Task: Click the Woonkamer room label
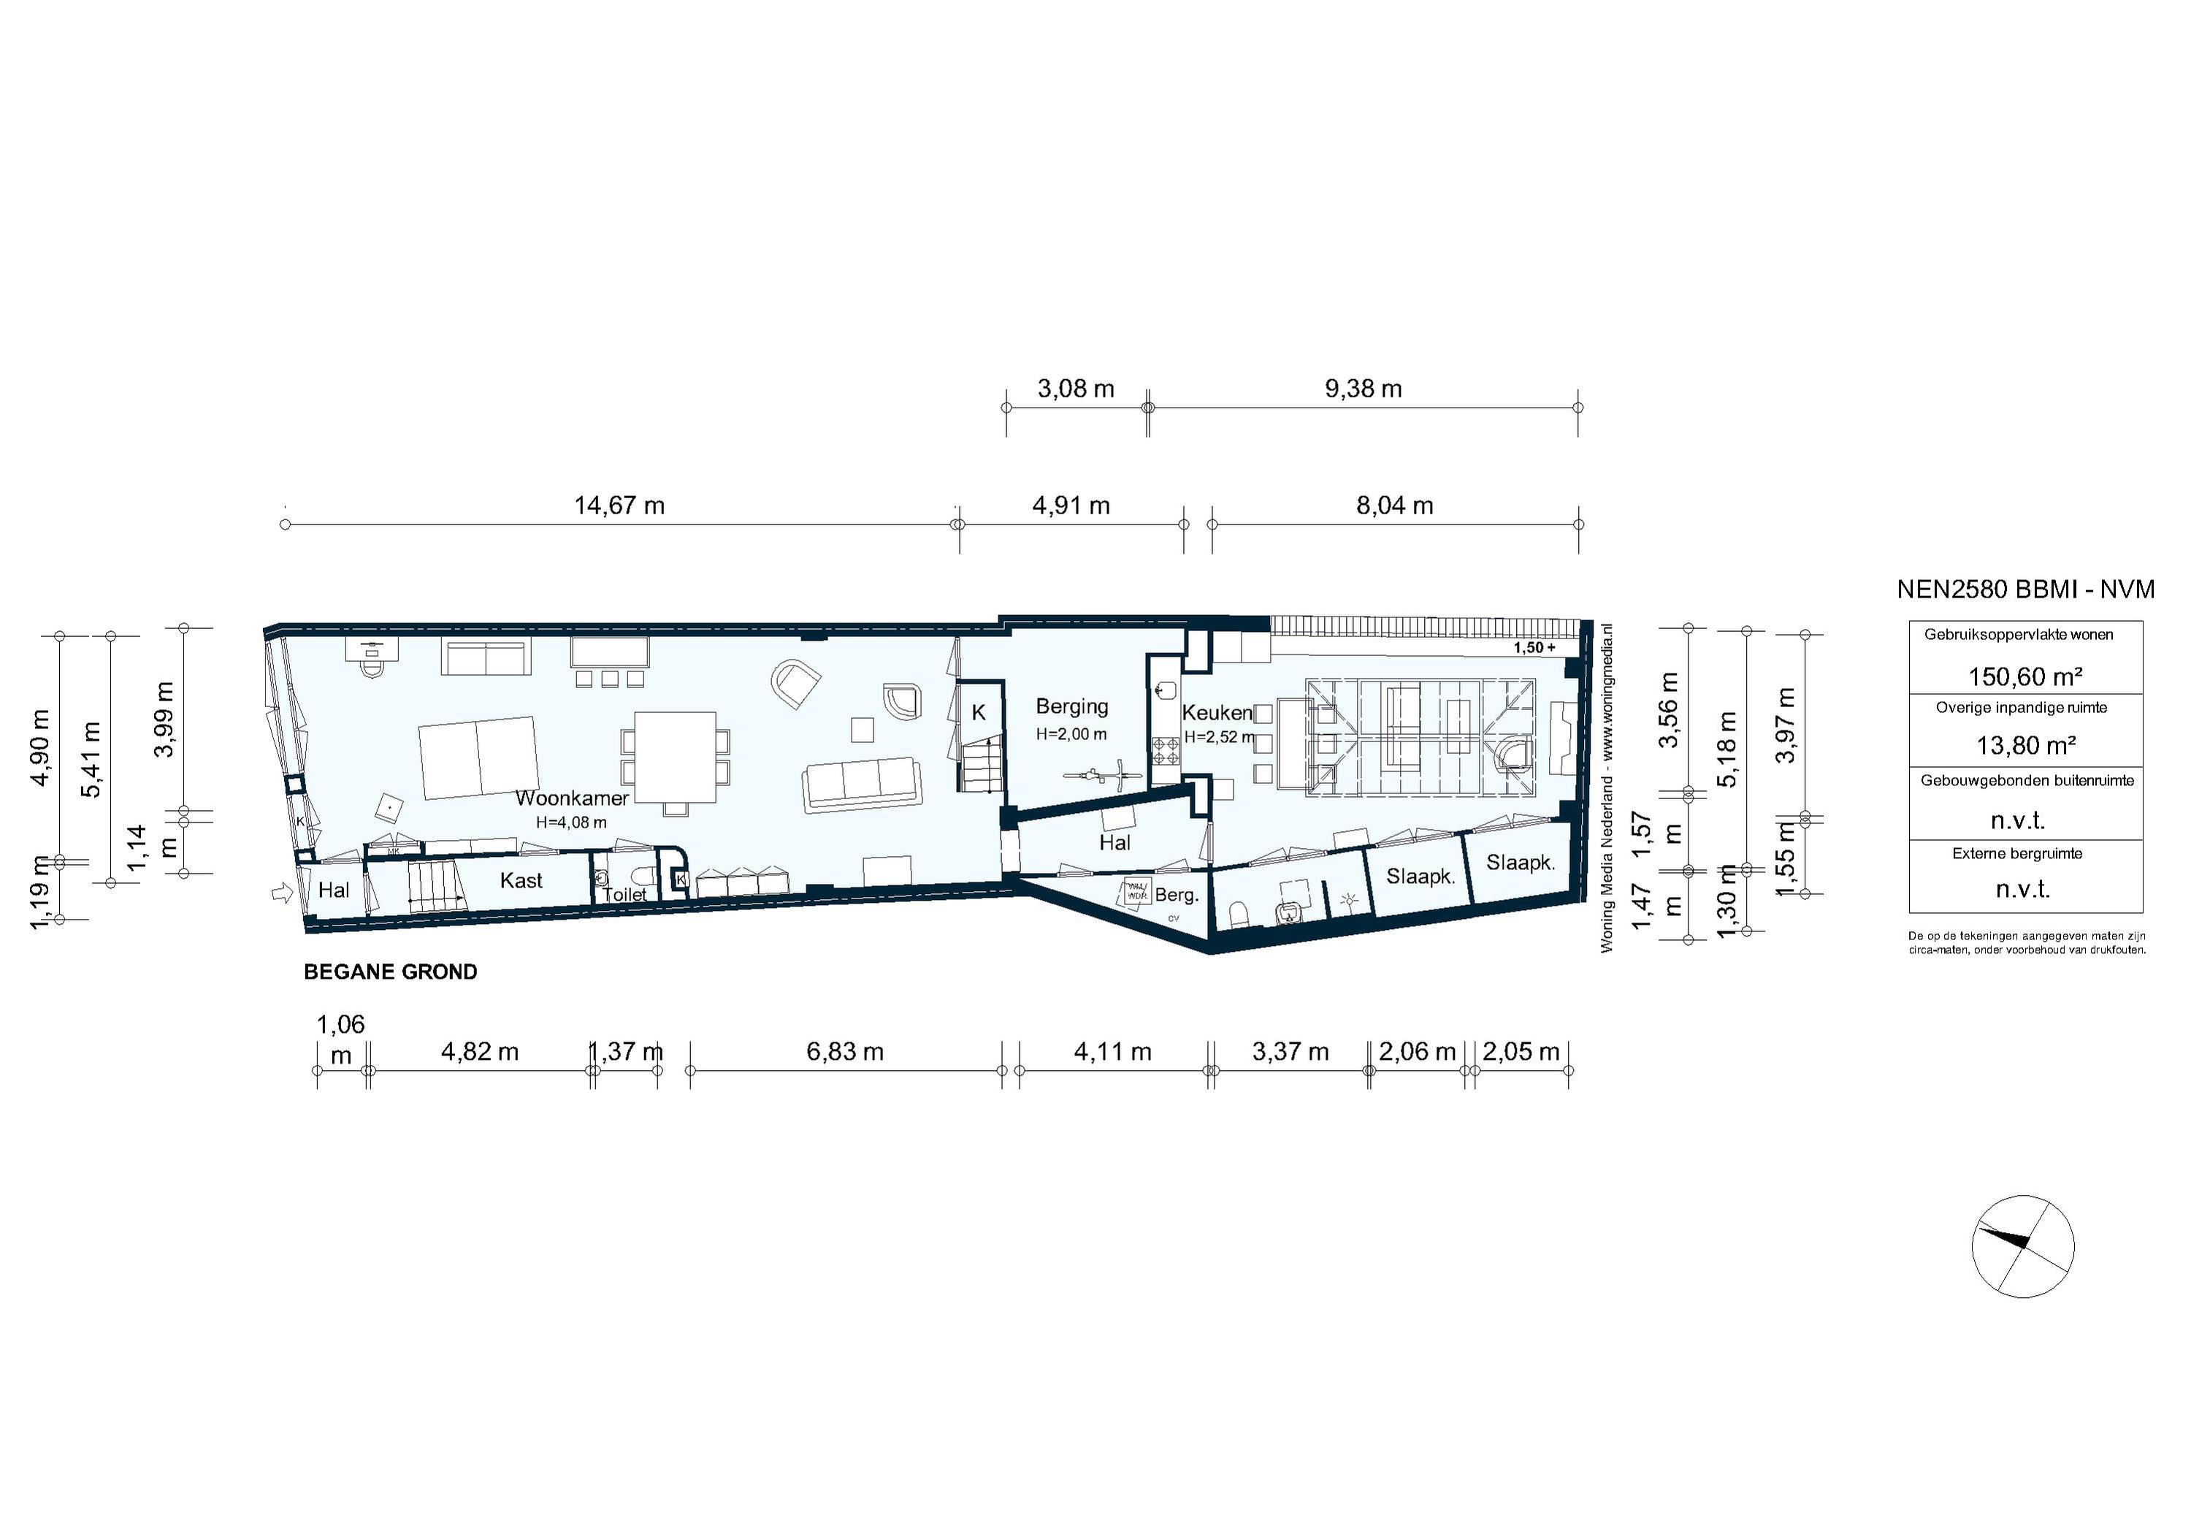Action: [x=572, y=798]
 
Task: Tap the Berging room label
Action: [x=1071, y=706]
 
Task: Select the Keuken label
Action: [x=1217, y=712]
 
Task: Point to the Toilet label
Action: [x=624, y=894]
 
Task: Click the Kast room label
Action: [x=521, y=880]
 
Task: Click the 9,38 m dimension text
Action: [x=1363, y=389]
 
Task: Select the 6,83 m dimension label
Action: [x=844, y=1051]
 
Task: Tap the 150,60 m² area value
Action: [x=2025, y=677]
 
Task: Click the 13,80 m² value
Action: [x=2025, y=746]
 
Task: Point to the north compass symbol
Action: [x=2023, y=1245]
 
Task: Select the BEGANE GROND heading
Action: [x=390, y=972]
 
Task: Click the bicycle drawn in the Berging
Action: [x=1102, y=775]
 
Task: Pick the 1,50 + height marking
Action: [x=1534, y=647]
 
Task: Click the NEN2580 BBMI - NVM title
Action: [x=2025, y=590]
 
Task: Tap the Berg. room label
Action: [x=1176, y=896]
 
